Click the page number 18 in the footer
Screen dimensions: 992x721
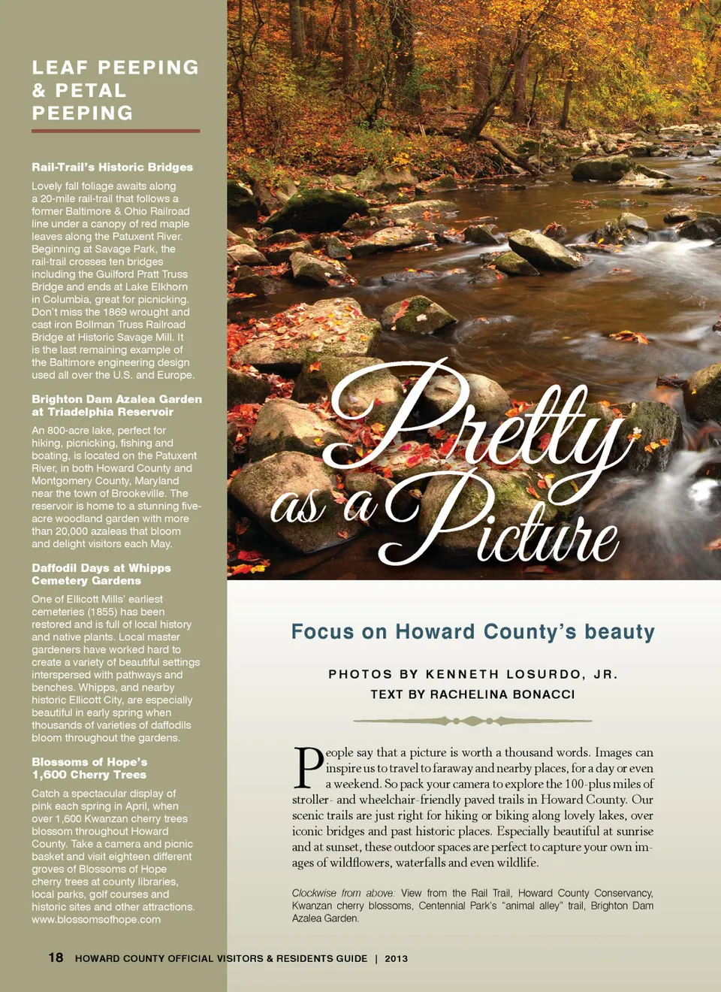(x=56, y=957)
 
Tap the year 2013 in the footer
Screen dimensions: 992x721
(x=397, y=959)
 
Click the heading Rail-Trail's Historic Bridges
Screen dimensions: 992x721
(x=112, y=167)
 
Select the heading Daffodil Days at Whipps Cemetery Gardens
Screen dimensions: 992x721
(x=101, y=574)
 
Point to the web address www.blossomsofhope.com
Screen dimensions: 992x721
(x=96, y=919)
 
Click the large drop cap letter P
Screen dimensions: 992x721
(x=308, y=768)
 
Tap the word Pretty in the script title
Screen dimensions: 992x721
(x=473, y=421)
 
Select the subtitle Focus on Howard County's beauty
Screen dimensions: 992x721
(x=472, y=632)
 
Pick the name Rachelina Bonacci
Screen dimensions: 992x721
(x=502, y=694)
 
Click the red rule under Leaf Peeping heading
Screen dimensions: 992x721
(x=116, y=131)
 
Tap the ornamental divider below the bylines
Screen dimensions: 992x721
(x=472, y=721)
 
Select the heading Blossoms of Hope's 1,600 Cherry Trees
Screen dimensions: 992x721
(x=89, y=768)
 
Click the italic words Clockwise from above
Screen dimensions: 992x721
(x=343, y=894)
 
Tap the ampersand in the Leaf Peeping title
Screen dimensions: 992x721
(x=38, y=91)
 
